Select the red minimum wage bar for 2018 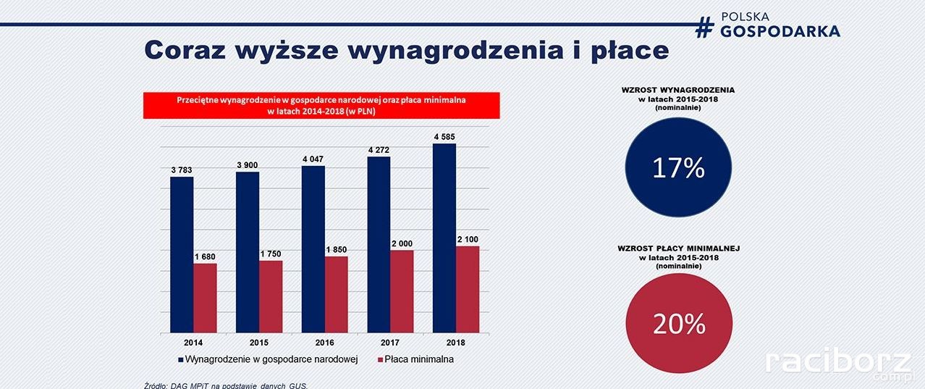coord(468,289)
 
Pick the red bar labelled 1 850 coord(336,294)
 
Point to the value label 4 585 coord(444,136)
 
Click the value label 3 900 coord(248,164)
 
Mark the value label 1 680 coord(204,256)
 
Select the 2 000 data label coord(402,243)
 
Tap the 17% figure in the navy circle coord(678,168)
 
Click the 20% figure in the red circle coord(679,325)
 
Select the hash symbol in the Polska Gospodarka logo coord(704,26)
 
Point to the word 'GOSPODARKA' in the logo coord(780,31)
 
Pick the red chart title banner coord(321,105)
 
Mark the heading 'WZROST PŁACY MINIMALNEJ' coord(678,248)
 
